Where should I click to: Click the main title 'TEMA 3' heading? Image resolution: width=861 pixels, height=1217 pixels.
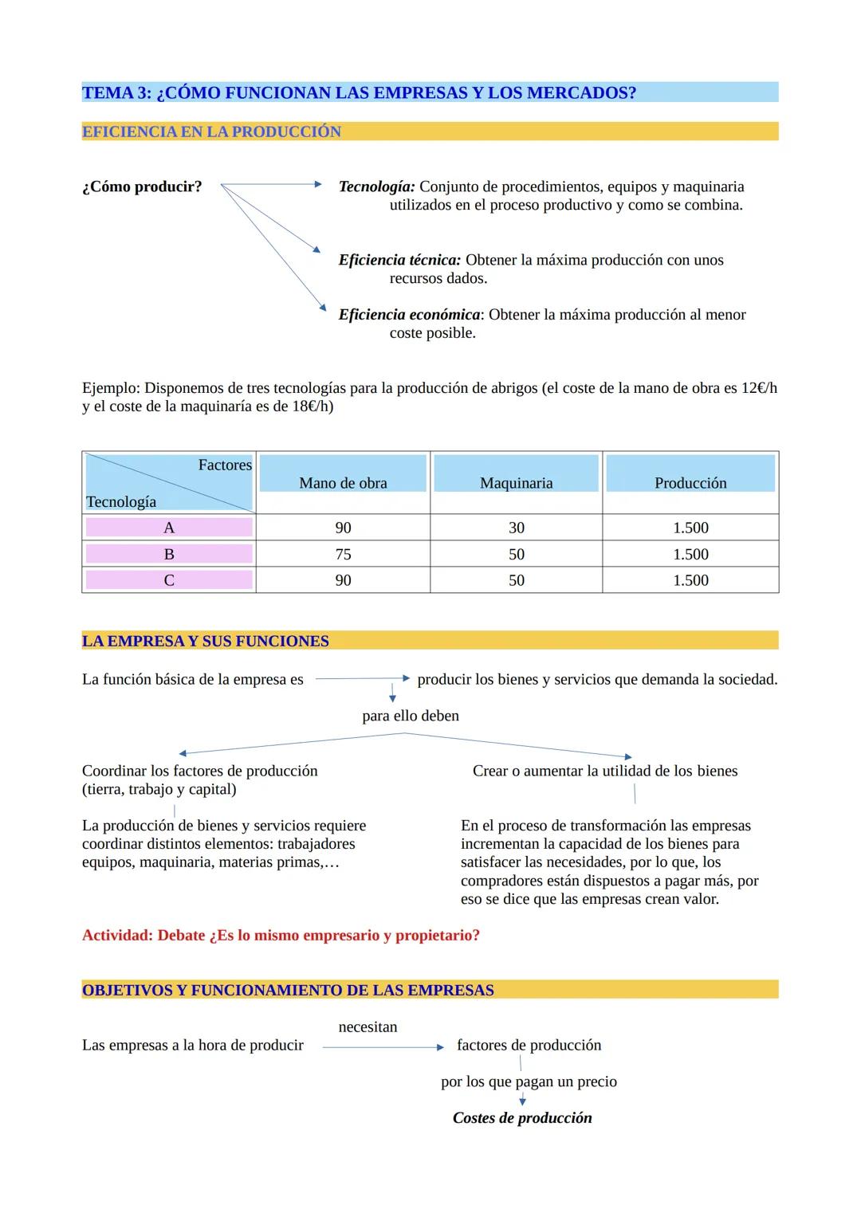(x=359, y=92)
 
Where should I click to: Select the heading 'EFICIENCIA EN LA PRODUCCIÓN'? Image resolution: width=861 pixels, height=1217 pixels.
(x=211, y=132)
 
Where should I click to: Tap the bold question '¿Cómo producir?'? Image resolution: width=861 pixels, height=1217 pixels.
(x=142, y=186)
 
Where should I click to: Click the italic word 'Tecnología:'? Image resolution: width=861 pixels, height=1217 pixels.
(x=376, y=186)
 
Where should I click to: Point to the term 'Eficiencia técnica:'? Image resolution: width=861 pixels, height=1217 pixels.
(x=399, y=260)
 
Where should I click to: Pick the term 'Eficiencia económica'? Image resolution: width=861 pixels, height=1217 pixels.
(x=409, y=315)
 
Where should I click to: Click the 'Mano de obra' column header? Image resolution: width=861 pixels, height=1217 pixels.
(x=343, y=483)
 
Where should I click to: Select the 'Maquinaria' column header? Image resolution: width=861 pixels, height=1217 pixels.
(x=516, y=483)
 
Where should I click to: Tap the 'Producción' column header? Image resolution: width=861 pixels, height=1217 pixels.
(x=690, y=483)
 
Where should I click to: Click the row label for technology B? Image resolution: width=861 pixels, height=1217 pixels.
(x=169, y=554)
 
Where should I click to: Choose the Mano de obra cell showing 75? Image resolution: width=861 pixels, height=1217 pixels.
(x=343, y=554)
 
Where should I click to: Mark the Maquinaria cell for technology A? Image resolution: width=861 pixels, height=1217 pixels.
(x=517, y=528)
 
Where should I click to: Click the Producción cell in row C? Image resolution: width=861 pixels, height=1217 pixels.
(x=690, y=580)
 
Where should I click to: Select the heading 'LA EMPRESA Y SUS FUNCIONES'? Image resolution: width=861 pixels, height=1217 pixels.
(x=206, y=641)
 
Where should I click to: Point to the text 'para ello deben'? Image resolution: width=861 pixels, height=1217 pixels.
(x=411, y=716)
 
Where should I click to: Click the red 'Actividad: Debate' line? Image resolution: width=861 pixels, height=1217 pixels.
(x=281, y=935)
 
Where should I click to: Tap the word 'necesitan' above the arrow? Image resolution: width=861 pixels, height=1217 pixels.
(x=368, y=1027)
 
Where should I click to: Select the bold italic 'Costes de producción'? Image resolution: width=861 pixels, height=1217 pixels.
(x=522, y=1117)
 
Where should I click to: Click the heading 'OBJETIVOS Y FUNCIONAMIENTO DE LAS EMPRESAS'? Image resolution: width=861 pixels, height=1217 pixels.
(x=288, y=990)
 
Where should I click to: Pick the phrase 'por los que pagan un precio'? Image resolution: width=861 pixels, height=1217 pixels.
(x=529, y=1082)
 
